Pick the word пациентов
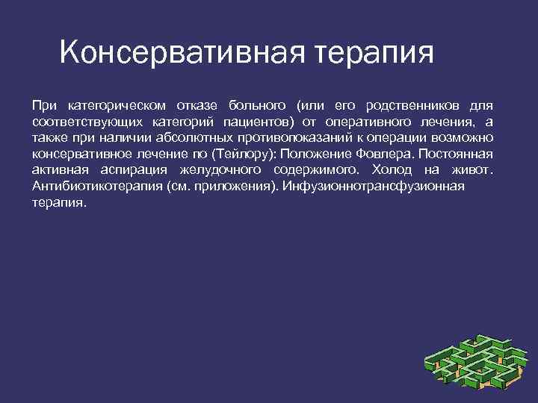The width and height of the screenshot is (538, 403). pos(257,121)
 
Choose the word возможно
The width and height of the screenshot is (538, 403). pos(460,137)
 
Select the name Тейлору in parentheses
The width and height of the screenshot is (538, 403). pos(239,154)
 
